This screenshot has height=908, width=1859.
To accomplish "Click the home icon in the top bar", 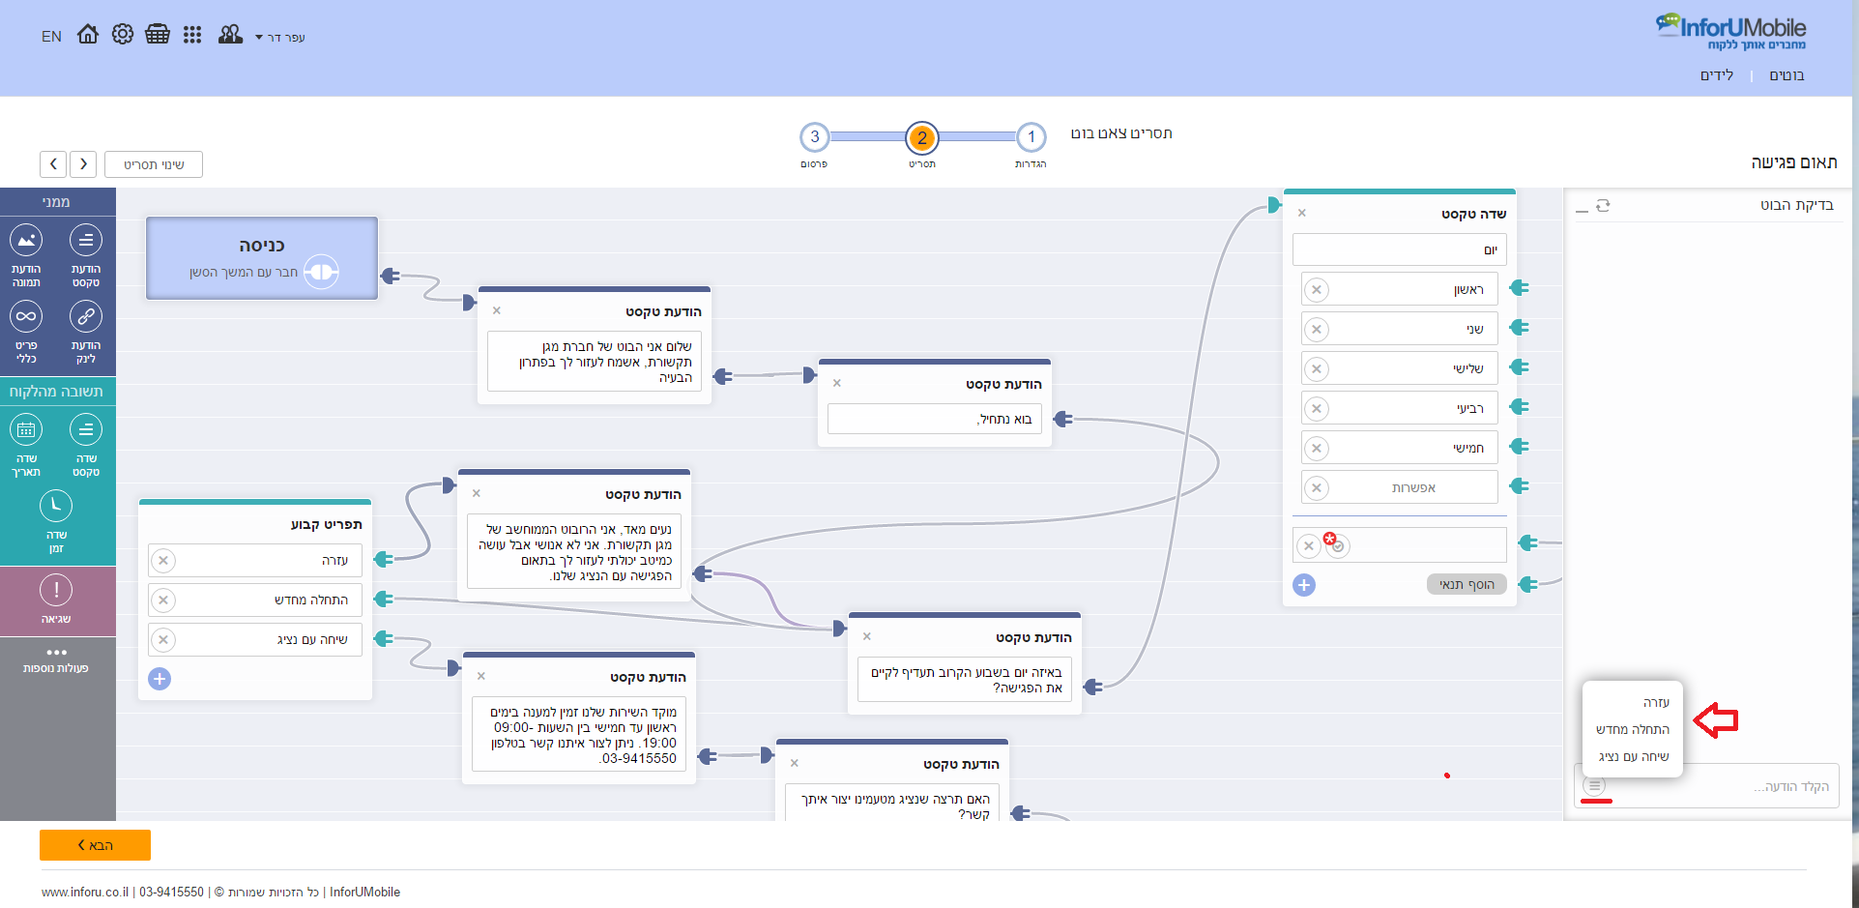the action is tap(88, 35).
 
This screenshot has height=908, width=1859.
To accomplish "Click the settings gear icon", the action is tap(123, 35).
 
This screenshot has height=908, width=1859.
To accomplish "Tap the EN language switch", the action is tap(51, 37).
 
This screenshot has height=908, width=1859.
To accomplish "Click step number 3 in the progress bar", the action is tap(815, 137).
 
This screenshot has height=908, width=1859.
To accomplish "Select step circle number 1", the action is tap(1031, 137).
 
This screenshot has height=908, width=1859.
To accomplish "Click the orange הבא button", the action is tap(95, 845).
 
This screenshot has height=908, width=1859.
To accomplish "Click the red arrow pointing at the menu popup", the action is tap(1716, 719).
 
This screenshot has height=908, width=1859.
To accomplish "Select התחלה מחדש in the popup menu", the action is tap(1633, 729).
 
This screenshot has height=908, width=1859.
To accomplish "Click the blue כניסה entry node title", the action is tap(262, 246).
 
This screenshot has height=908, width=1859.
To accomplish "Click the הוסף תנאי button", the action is tap(1467, 584).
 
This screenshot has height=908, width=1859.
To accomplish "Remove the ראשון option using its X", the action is tap(1317, 289).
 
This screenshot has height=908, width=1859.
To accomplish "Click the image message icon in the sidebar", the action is tap(26, 240).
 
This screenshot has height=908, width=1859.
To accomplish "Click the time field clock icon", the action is tap(56, 506).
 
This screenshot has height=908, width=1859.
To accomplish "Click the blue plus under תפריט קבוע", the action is tap(160, 679).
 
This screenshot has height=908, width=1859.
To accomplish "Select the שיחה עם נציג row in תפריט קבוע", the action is tap(255, 639).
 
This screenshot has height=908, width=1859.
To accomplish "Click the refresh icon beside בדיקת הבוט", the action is tap(1603, 206).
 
